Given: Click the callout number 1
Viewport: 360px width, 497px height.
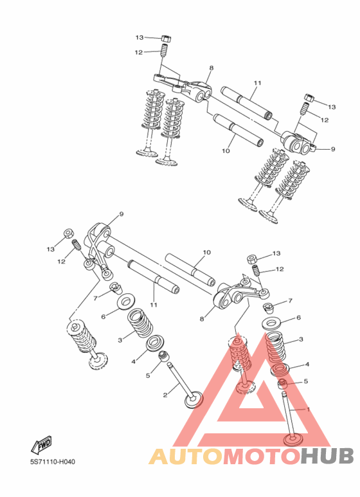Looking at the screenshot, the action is [308, 409].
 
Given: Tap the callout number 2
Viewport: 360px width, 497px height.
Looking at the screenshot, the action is [165, 395].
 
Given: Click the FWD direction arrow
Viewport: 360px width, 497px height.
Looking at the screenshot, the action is [41, 445].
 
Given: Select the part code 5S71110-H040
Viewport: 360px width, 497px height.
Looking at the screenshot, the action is [53, 462].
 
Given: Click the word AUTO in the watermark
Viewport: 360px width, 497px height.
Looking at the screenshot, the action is [186, 456].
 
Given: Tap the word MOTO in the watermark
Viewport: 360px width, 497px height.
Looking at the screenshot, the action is [262, 456].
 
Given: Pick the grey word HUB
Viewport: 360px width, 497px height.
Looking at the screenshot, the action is [327, 456].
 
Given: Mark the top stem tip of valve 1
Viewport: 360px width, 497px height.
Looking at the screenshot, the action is [283, 393].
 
